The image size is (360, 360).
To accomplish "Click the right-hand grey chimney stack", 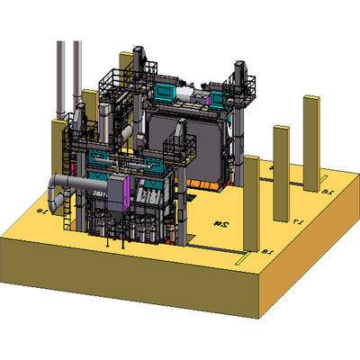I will pos(76,67).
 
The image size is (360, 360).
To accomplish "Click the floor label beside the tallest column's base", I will pos(328,191).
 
